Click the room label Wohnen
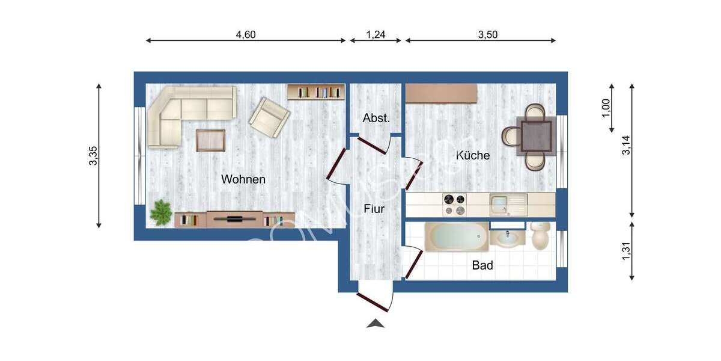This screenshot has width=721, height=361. coord(243,179)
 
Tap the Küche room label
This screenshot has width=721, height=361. coord(473,155)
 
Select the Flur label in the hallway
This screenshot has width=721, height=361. coord(374,209)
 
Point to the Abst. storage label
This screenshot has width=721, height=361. coord(376,119)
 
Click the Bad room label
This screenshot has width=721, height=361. coord(482,265)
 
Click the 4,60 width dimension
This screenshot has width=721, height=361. coord(246,35)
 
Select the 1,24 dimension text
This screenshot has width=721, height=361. coord(376,35)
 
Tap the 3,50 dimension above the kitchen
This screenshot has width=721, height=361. coord(488,35)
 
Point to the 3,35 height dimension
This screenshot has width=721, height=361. coord(93,156)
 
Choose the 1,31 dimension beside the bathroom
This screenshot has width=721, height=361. coord(626,250)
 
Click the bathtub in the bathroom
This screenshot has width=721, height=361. coord(457,237)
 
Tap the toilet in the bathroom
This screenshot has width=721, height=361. coord(541,235)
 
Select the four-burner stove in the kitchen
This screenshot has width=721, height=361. coord(455,205)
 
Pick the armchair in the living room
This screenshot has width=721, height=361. coord(269,117)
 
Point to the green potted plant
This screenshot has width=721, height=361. coord(160,213)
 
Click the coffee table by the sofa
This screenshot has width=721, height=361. coord(210,140)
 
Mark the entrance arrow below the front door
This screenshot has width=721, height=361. coord(376,324)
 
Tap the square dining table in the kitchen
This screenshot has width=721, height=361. coord(536,135)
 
